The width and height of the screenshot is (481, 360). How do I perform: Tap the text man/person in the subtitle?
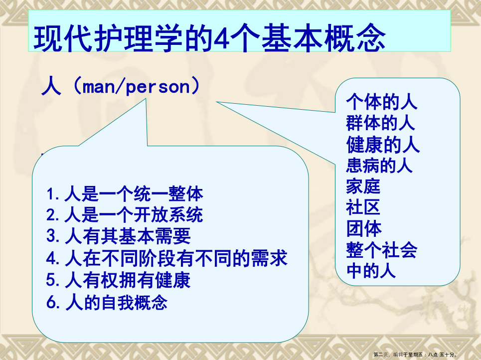137,87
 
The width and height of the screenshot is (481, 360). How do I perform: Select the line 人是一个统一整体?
125,193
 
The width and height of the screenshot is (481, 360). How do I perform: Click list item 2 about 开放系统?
125,214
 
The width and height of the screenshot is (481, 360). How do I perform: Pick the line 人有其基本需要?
119,236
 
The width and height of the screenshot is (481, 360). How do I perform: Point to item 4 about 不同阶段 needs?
166,258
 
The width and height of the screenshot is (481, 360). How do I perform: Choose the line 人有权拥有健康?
119,280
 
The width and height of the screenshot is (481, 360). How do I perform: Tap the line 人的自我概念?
107,302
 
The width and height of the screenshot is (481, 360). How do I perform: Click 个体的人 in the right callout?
382,102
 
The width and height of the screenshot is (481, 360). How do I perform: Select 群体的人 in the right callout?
380,123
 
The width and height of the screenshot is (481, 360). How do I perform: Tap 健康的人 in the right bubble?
383,144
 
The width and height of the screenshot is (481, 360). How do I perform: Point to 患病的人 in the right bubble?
379,165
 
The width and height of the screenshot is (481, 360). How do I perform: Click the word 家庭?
363,186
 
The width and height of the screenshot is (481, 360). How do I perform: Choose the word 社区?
363,207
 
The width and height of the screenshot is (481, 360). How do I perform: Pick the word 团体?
364,228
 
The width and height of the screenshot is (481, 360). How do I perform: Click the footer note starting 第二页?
415,355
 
